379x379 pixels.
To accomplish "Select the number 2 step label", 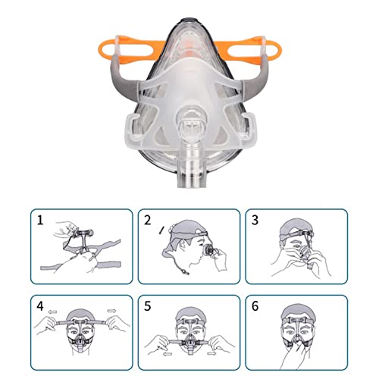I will click(x=149, y=221).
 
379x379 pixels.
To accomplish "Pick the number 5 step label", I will click(x=149, y=306).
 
